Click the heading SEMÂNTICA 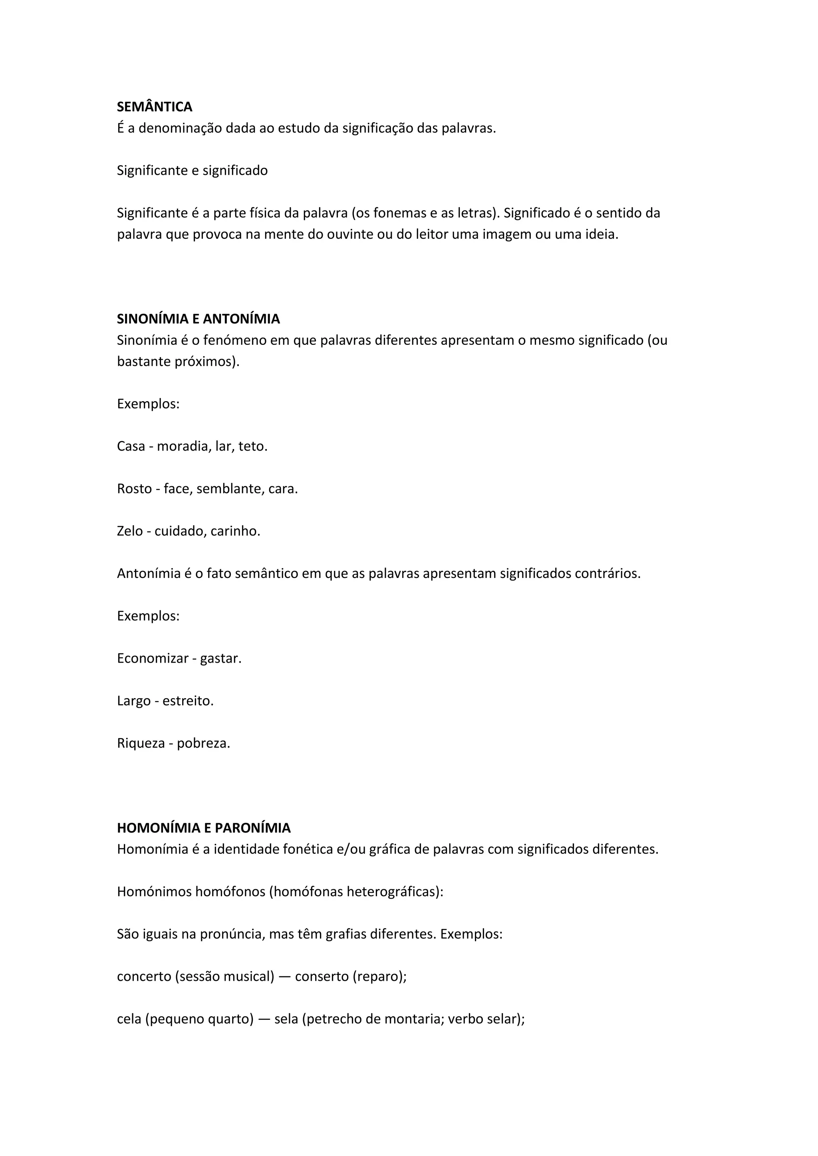154,107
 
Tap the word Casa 131,446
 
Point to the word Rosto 135,488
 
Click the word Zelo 130,530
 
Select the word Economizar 153,658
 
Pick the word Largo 133,701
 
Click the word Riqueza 141,743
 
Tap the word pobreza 203,743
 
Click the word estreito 187,701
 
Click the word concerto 144,976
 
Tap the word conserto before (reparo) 322,976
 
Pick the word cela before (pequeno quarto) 129,1019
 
